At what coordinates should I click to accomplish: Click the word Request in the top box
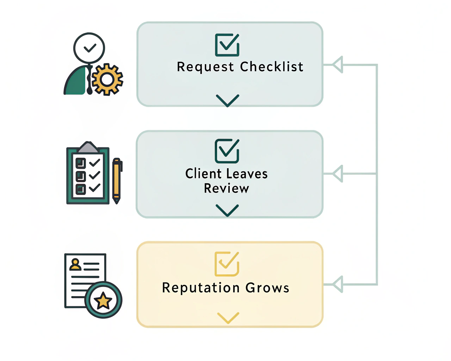coord(205,67)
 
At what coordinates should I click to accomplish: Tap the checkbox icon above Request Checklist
coord(227,45)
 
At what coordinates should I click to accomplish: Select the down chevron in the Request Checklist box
coord(228,100)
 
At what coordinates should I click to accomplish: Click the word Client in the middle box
coord(203,174)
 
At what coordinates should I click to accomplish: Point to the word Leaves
coord(247,174)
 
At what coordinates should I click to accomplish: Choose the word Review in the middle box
coord(227,189)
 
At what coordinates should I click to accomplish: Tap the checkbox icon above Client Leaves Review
coord(227,151)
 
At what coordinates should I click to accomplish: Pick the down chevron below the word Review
coord(227,210)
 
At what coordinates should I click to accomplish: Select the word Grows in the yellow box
coord(267,288)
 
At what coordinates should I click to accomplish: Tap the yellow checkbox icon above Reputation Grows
coord(227,264)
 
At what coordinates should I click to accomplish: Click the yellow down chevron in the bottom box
coord(228,317)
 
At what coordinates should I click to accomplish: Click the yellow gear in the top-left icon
coord(107,80)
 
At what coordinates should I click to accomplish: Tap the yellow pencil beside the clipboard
coord(117,180)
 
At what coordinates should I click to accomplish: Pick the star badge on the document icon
coord(103,300)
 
